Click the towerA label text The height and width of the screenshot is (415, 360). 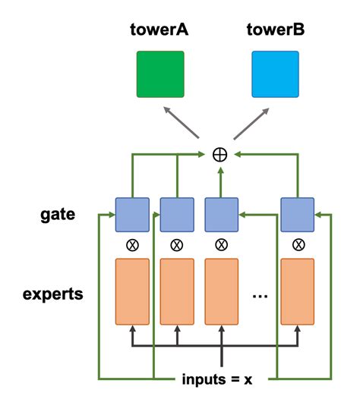[159, 30]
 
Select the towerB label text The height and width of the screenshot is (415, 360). [276, 30]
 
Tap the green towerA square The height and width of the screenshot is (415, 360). [160, 74]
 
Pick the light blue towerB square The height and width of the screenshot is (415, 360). [275, 74]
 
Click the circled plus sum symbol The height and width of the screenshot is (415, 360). [219, 155]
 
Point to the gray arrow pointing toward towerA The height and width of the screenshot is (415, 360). [182, 122]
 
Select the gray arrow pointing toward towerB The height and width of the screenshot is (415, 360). [251, 124]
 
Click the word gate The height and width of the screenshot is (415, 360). [58, 215]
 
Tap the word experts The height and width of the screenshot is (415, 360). [53, 294]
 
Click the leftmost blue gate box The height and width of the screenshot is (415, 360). [132, 215]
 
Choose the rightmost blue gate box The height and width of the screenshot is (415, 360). [298, 215]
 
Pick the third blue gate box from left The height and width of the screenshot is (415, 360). [222, 215]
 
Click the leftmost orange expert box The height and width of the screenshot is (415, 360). [132, 291]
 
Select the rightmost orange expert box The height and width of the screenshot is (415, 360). [298, 291]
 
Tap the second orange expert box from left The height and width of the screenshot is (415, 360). [177, 291]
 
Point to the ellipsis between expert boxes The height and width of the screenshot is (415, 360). [260, 296]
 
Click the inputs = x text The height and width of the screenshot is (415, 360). [217, 379]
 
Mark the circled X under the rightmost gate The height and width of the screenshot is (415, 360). [298, 245]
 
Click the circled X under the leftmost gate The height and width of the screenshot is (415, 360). [132, 245]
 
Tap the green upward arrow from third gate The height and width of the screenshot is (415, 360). [221, 182]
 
